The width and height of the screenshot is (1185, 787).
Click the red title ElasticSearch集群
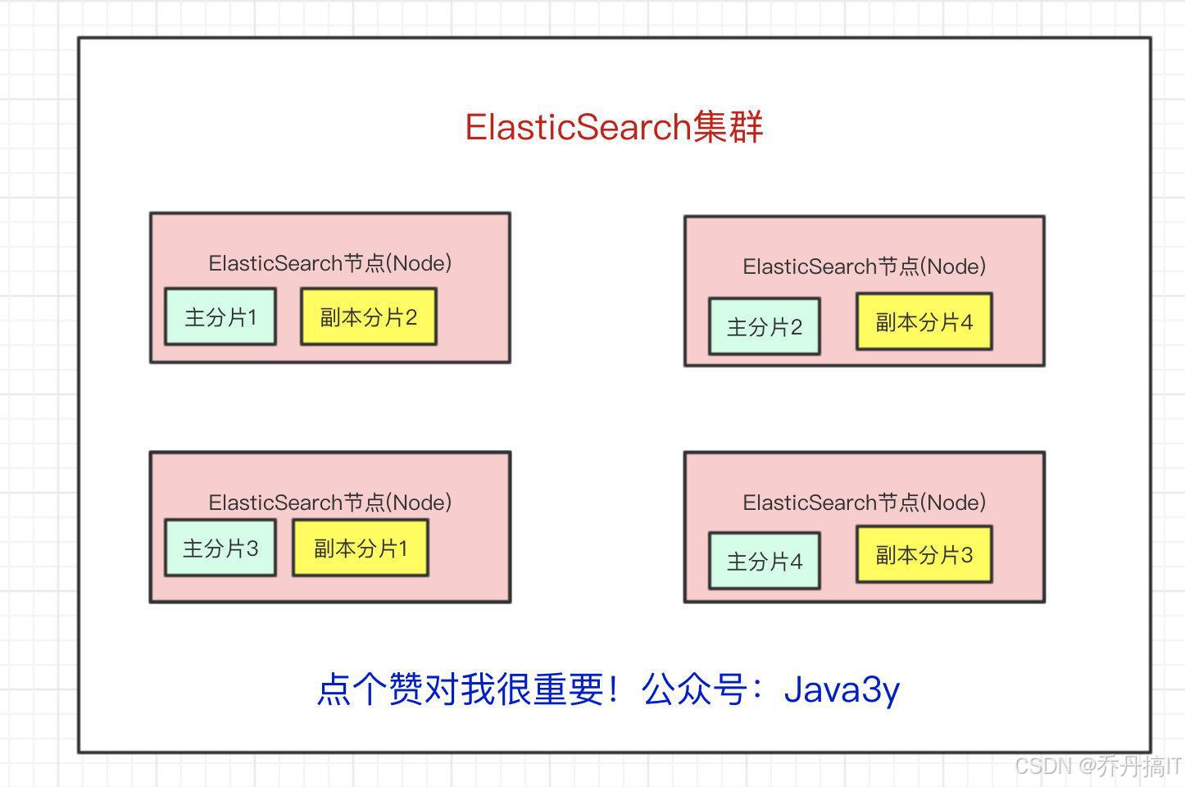[614, 127]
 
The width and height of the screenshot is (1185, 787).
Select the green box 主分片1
[220, 316]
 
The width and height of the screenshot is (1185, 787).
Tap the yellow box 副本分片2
[368, 316]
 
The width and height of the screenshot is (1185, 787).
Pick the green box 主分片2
[764, 326]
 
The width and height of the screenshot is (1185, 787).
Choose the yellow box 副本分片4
[924, 321]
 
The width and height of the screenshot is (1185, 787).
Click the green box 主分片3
[220, 548]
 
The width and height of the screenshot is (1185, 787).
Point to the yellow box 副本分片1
[360, 548]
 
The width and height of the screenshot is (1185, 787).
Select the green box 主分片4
[764, 561]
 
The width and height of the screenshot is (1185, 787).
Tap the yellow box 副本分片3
[924, 555]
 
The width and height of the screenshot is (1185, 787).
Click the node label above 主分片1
[329, 263]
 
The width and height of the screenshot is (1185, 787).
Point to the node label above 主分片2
[864, 266]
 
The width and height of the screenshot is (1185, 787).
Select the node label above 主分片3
[329, 503]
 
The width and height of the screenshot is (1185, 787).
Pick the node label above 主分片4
[864, 503]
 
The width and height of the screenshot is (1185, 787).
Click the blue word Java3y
[842, 689]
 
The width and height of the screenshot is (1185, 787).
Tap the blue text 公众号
[694, 689]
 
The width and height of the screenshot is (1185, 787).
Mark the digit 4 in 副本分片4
[966, 322]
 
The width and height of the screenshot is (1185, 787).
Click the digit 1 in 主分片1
[252, 317]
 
